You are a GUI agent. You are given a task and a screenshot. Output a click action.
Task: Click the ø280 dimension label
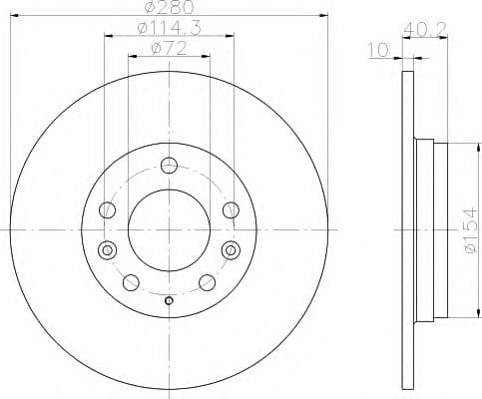pos(171,8)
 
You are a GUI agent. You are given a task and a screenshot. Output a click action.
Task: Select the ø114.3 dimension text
pos(170,30)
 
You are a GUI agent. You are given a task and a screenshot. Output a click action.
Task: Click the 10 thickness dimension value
pos(376,49)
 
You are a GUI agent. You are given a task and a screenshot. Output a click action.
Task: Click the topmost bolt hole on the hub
pos(170,166)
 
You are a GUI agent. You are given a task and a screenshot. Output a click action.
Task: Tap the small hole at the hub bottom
pos(170,302)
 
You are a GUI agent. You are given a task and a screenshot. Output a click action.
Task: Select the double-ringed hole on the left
pos(108,249)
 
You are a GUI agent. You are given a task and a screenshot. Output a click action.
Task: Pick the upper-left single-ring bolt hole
pos(108,208)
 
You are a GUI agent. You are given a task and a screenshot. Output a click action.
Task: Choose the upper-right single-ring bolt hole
pos(232,208)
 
